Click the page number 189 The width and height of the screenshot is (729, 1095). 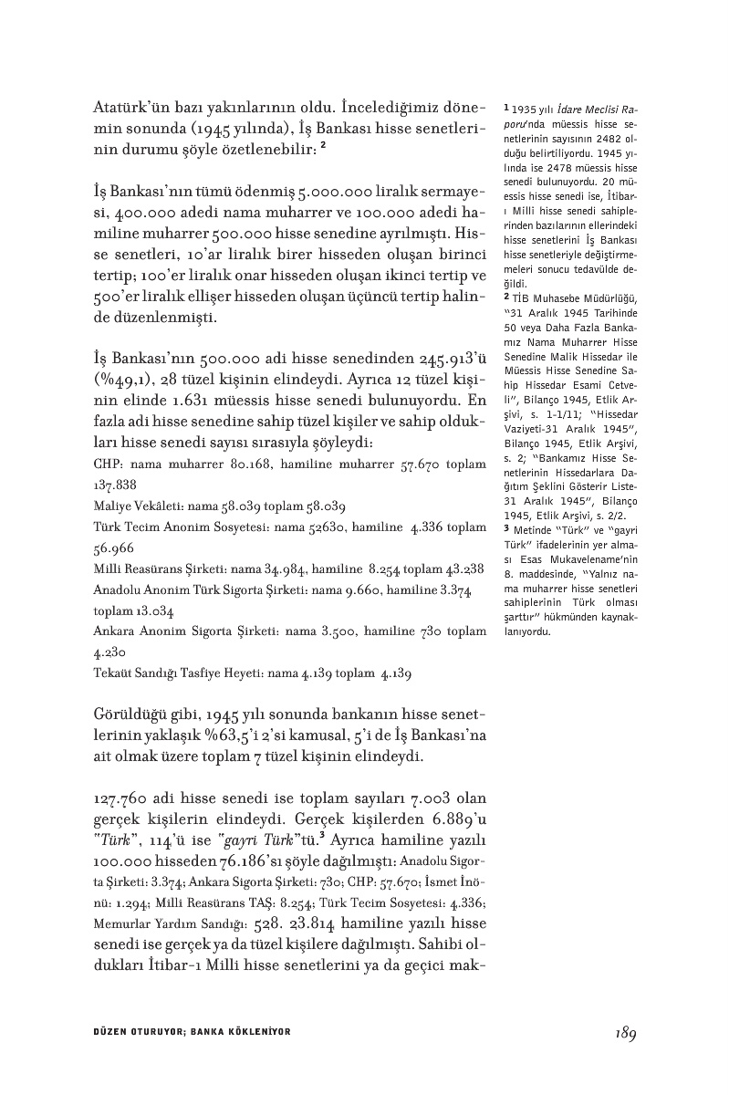point(625,1033)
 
